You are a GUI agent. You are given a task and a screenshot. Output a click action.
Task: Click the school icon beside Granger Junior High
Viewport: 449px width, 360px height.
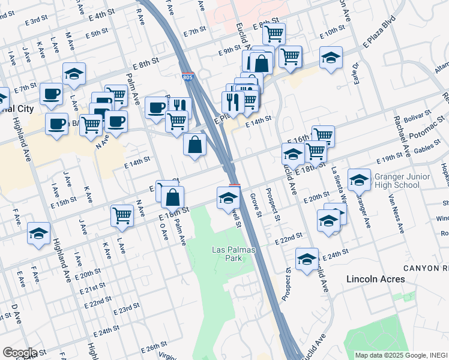[x=359, y=179]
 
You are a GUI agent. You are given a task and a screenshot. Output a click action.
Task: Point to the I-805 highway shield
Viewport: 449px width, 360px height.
[x=188, y=76]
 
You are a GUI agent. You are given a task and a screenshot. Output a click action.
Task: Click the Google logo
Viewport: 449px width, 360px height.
[x=20, y=352]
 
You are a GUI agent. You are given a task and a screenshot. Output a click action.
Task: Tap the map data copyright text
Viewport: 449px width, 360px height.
[x=401, y=355]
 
